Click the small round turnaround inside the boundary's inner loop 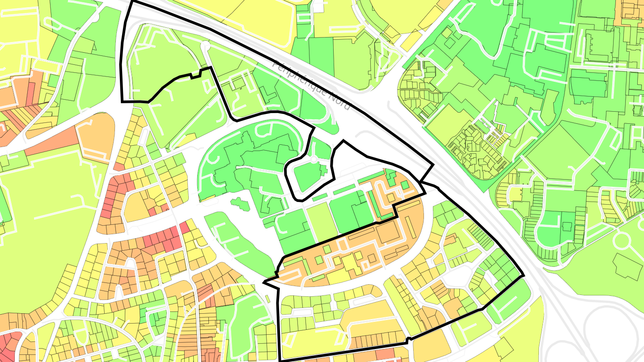click(314, 159)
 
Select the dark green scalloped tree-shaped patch click(240, 204)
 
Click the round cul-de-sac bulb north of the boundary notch click(205, 46)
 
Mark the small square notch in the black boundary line click(195, 74)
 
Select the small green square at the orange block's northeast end click(404, 185)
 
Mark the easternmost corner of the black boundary click(523, 276)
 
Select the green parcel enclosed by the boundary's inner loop click(309, 177)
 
